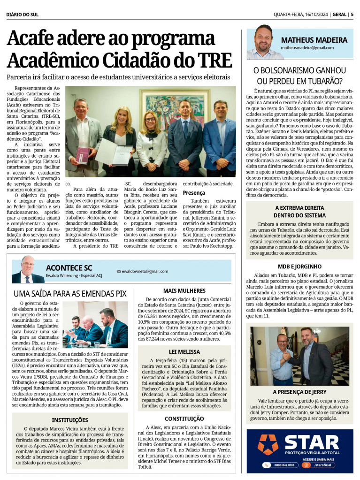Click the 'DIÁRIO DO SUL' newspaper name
(23, 14)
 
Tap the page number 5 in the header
(352, 14)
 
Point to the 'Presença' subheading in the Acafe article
(194, 193)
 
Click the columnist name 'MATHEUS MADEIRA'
(314, 40)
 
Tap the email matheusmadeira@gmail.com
(307, 48)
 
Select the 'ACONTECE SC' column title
(69, 267)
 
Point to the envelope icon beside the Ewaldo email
(119, 271)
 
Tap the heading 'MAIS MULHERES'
(184, 291)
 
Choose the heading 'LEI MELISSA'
(184, 351)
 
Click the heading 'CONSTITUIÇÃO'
(184, 419)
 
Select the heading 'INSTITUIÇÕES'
(70, 420)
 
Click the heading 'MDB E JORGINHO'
(299, 267)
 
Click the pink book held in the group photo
(82, 155)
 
